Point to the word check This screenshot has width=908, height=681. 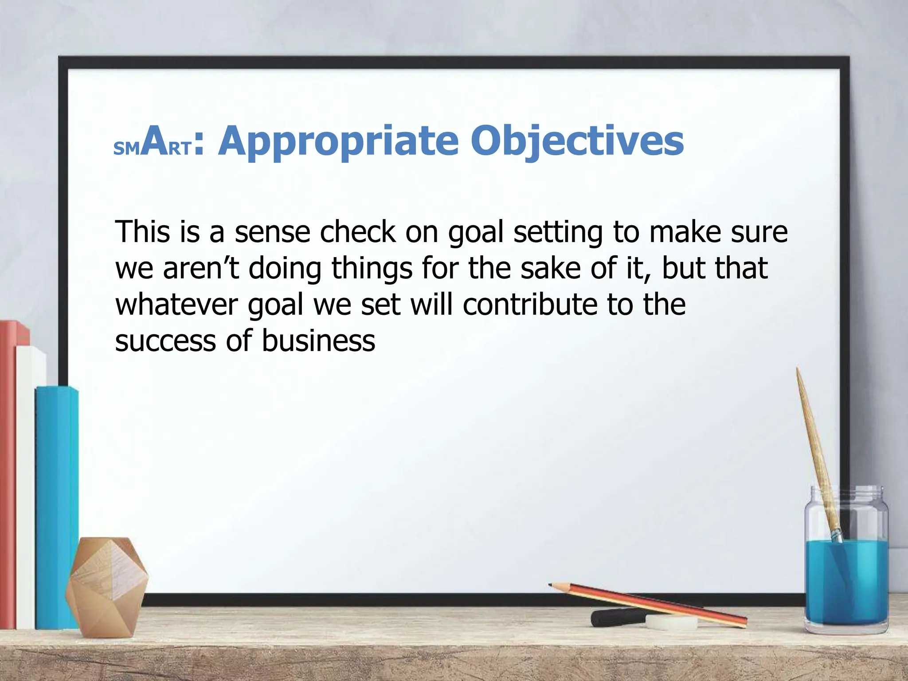point(357,232)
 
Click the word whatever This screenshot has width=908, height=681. point(177,305)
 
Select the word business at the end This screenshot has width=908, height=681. point(318,341)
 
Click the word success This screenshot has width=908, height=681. point(165,341)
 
